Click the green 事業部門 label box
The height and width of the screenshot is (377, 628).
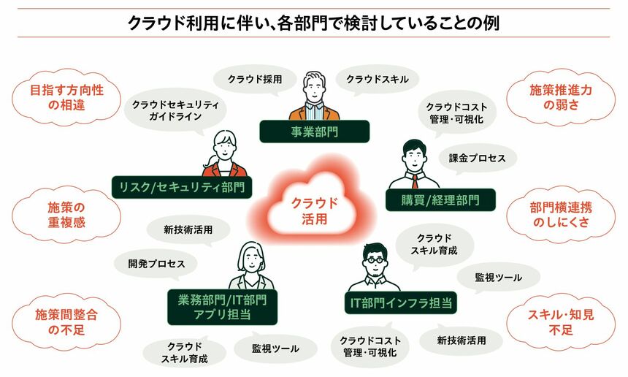pos(314,132)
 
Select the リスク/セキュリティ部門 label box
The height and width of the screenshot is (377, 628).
pos(182,187)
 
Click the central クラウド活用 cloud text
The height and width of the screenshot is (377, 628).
pos(314,210)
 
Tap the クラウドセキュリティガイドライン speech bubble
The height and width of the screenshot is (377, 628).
pos(175,110)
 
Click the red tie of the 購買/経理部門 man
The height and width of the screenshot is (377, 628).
pos(415,179)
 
